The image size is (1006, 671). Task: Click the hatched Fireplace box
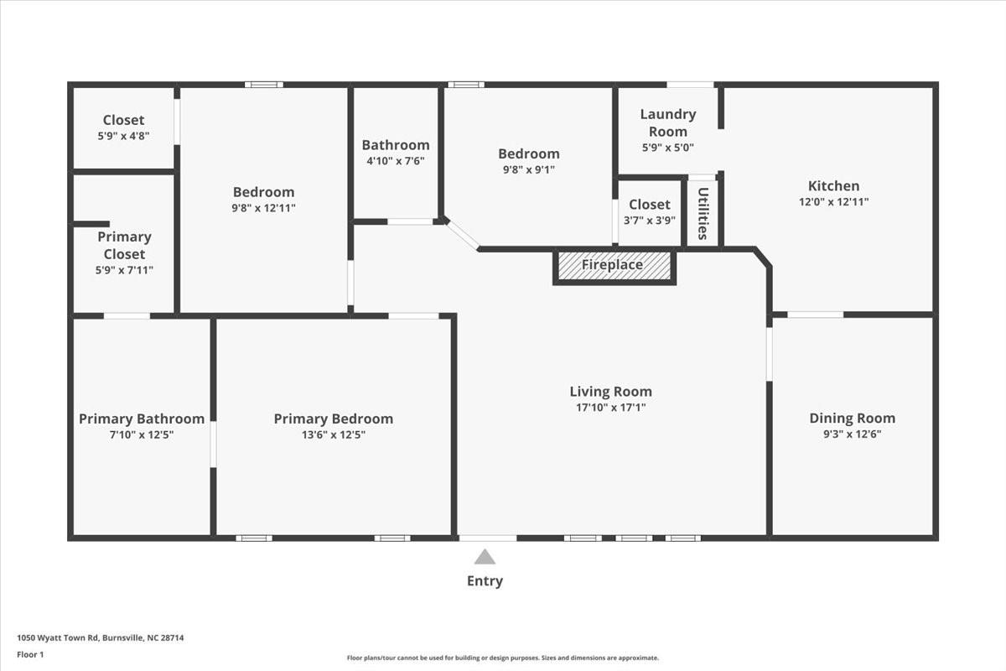(614, 266)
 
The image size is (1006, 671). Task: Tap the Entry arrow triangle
(485, 557)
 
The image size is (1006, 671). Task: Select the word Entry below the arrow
(485, 580)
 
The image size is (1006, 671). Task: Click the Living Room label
(610, 392)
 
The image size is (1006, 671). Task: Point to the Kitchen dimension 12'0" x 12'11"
(833, 202)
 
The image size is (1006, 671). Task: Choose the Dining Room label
(852, 419)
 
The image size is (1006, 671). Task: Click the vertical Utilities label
(703, 213)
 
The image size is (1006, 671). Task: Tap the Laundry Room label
(667, 122)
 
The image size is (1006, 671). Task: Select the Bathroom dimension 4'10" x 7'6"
(396, 161)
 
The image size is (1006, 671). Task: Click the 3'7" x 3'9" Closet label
(649, 205)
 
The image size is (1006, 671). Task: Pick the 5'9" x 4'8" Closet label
(123, 120)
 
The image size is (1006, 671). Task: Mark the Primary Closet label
(124, 245)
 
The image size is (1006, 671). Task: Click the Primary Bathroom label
(142, 419)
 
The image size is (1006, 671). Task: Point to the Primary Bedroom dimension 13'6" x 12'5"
(333, 434)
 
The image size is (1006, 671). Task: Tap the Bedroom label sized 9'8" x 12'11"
(263, 192)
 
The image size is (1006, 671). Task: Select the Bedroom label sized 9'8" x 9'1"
(528, 153)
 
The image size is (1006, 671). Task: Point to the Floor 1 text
(30, 654)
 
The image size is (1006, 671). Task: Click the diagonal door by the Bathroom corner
(462, 235)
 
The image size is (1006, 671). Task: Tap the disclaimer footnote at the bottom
(503, 658)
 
